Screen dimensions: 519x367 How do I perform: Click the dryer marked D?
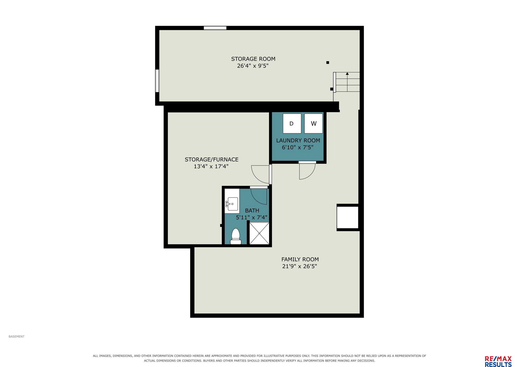[292, 124]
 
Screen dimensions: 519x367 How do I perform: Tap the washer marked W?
[314, 124]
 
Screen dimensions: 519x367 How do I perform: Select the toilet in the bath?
[236, 236]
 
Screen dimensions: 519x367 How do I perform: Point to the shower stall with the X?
[259, 233]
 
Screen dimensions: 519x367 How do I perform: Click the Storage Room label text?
[253, 59]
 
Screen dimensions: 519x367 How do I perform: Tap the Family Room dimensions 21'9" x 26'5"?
[300, 266]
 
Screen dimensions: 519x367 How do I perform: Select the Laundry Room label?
[298, 141]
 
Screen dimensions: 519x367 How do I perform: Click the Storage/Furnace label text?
[212, 159]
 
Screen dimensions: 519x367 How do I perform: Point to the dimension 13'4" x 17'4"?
[211, 166]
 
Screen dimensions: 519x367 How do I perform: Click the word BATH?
[252, 211]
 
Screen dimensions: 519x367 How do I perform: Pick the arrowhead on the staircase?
[347, 74]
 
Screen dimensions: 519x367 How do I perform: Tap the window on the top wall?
[215, 28]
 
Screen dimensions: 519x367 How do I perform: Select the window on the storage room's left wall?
[157, 80]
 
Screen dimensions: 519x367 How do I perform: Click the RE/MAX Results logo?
[498, 361]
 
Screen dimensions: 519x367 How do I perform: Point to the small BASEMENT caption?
[17, 336]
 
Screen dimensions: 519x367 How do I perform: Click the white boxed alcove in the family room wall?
[347, 217]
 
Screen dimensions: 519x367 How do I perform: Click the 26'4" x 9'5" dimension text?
[253, 66]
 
